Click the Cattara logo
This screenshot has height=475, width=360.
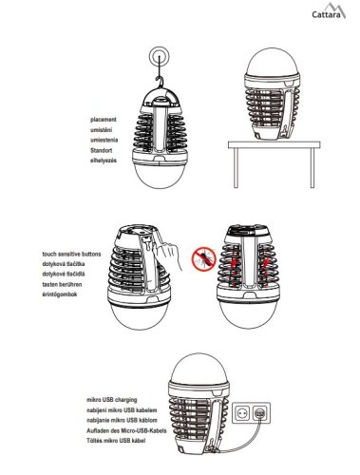click(329, 11)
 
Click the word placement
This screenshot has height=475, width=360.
click(104, 120)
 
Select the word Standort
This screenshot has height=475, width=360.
click(101, 150)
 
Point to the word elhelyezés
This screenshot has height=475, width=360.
click(104, 161)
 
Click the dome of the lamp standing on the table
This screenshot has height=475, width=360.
click(273, 62)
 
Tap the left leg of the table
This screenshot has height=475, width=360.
click(236, 168)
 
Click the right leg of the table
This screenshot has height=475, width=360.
click(313, 168)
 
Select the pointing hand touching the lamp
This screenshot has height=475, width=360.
click(166, 255)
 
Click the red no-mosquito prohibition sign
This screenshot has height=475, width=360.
click(203, 259)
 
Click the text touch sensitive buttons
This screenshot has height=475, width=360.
click(71, 254)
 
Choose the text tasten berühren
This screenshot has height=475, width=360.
click(62, 284)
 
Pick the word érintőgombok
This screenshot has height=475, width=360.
click(60, 294)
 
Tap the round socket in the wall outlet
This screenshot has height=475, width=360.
click(243, 413)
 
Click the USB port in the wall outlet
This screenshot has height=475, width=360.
click(260, 413)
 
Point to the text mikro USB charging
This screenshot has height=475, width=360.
click(112, 400)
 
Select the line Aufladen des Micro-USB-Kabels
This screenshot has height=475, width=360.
click(126, 430)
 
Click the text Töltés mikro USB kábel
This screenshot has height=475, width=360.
click(116, 441)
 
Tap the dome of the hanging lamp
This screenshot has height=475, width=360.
click(160, 176)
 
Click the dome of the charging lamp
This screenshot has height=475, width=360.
click(199, 368)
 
